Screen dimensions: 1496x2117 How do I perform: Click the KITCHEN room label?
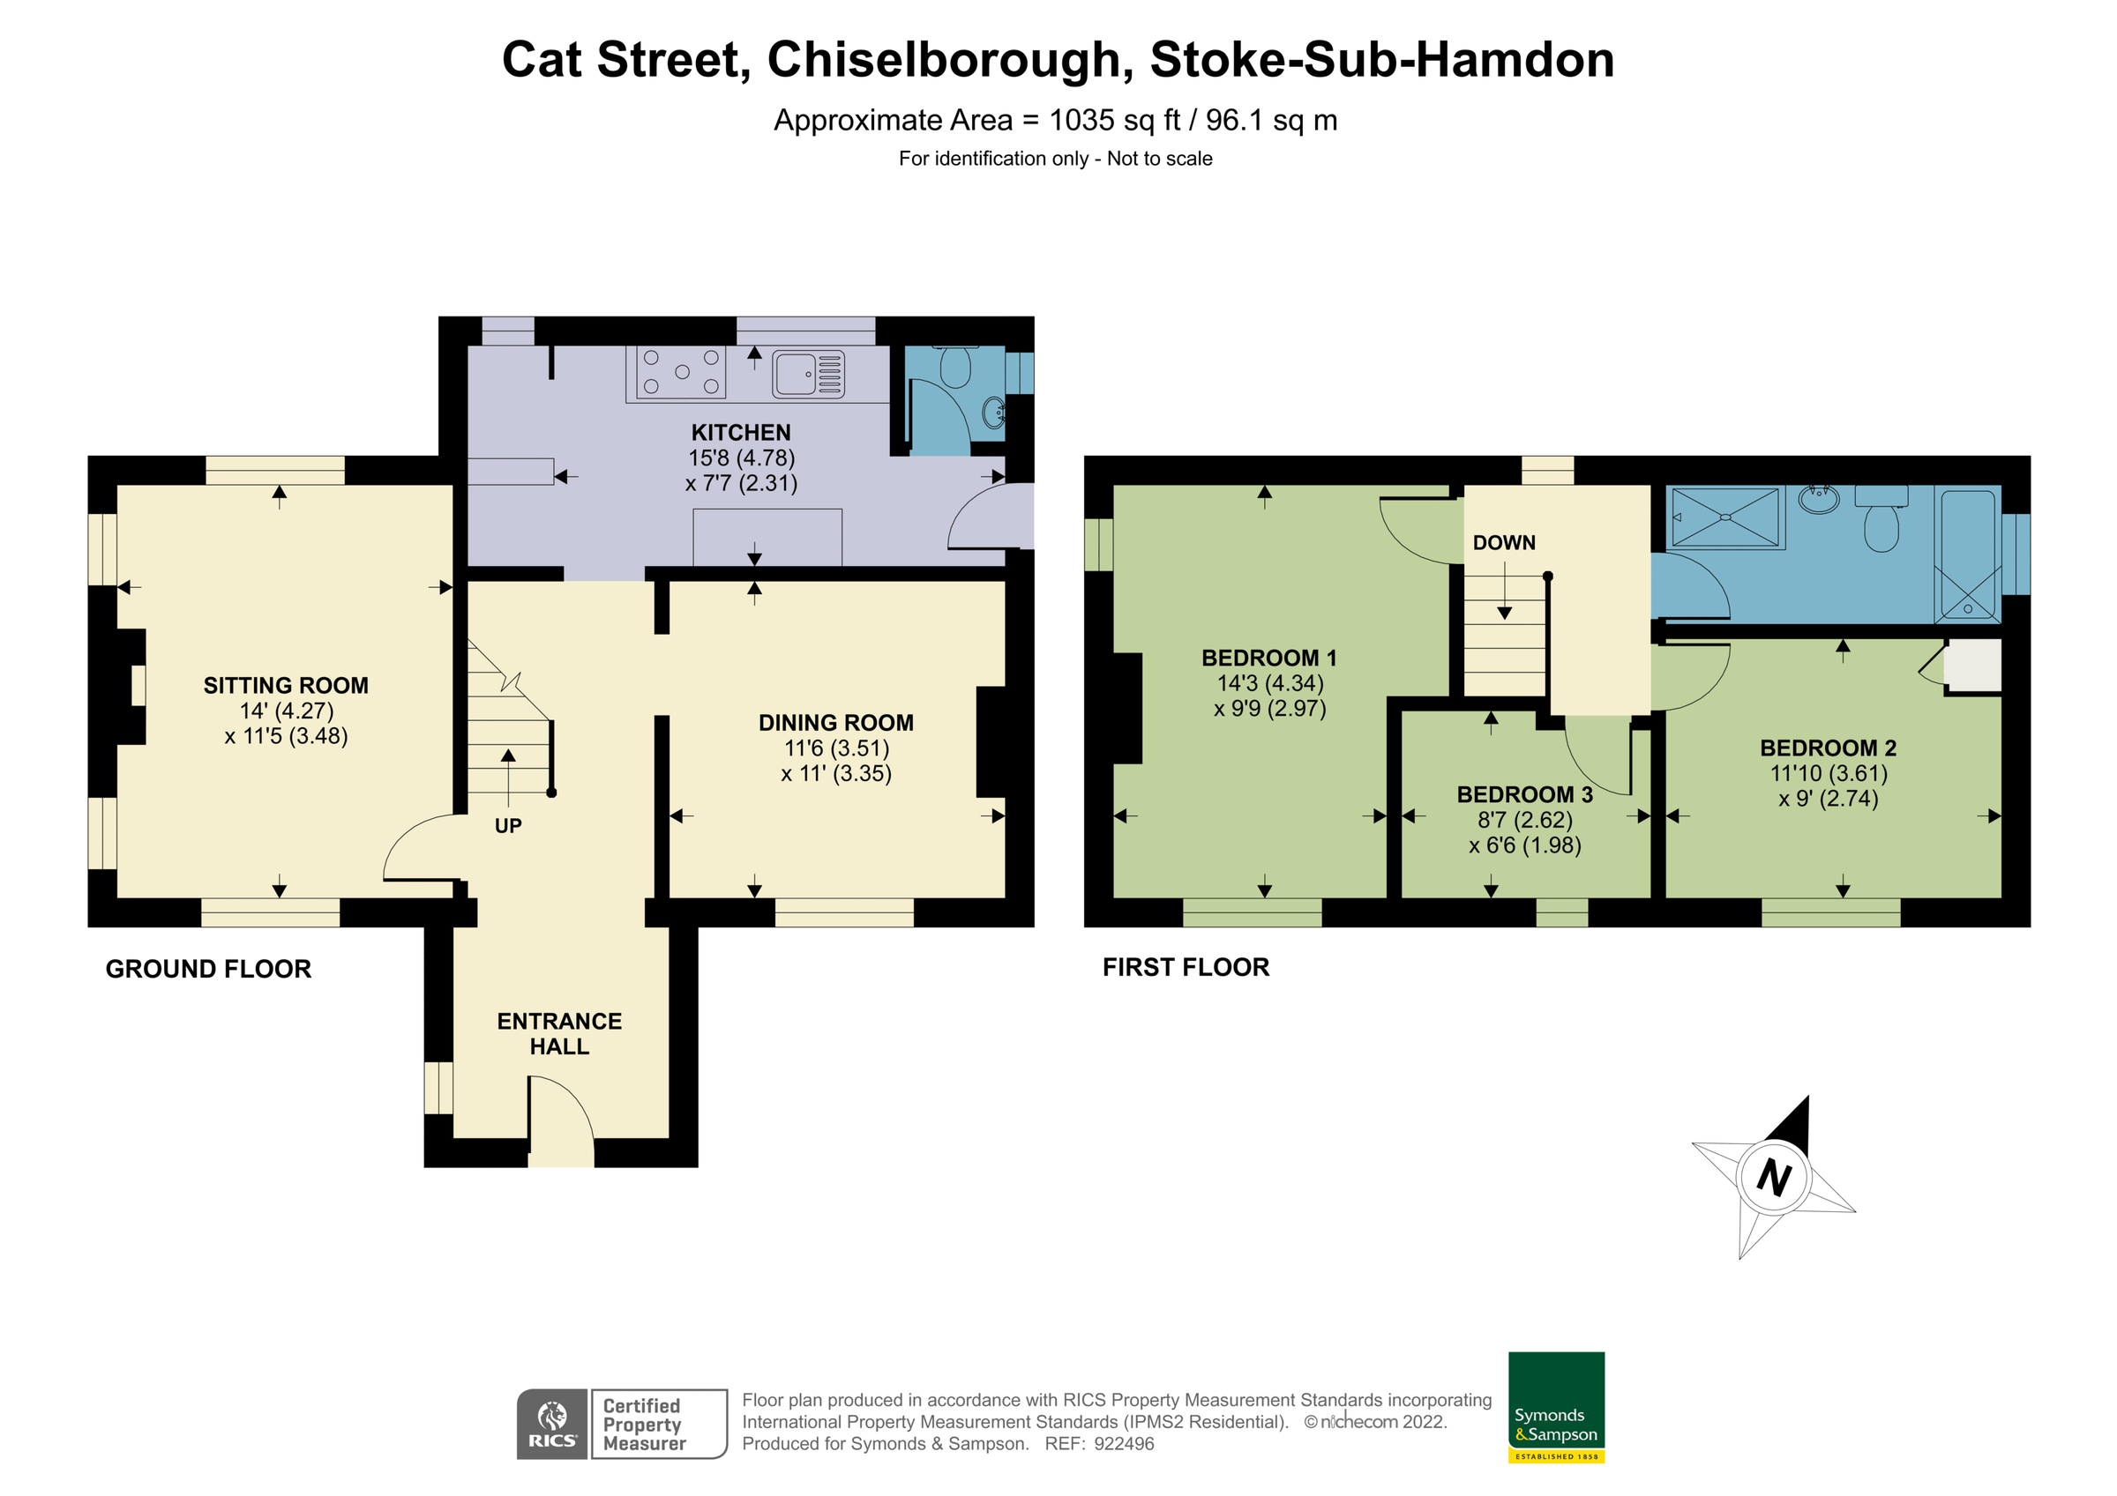[x=740, y=432]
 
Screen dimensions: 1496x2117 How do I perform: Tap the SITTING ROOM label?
[x=286, y=686]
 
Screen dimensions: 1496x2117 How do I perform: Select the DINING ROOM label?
[x=835, y=723]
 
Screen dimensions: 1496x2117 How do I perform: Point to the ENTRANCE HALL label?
[x=558, y=1033]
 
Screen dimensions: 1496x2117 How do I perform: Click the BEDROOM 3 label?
[x=1524, y=794]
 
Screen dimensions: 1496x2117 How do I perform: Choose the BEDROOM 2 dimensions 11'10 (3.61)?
[x=1829, y=773]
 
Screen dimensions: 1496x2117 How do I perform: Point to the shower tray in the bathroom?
[x=1724, y=518]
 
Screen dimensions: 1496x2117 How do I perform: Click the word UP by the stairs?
[x=508, y=826]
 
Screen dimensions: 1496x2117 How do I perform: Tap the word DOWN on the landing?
[x=1504, y=543]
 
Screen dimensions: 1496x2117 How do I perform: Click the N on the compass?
[x=1773, y=1178]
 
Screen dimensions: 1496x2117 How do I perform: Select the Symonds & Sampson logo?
[x=1556, y=1407]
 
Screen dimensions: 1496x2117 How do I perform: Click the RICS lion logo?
[x=552, y=1424]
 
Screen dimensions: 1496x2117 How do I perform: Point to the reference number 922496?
[x=1123, y=1444]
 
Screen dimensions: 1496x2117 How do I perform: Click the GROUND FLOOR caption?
[x=208, y=970]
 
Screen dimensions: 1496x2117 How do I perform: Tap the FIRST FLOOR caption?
[x=1186, y=968]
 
